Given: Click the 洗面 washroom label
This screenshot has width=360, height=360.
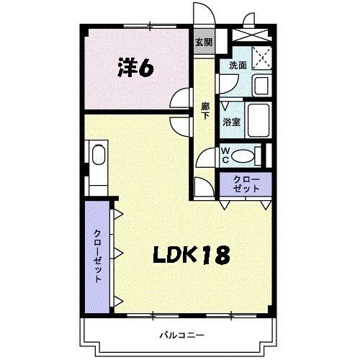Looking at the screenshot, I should click(x=238, y=66).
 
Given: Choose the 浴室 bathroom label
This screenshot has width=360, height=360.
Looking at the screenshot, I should click(x=231, y=122).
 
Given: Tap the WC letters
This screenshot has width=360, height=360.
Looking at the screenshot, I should click(x=225, y=155).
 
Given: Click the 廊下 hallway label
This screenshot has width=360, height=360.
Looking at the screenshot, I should click(x=206, y=112).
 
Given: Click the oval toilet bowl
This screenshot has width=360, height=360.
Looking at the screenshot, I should click(x=246, y=155).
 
